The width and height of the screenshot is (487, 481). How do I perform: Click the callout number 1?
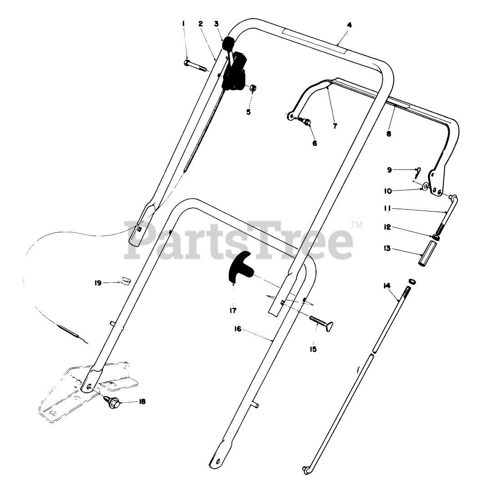pyautogui.click(x=184, y=23)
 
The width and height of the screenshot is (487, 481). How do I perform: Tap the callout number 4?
pyautogui.click(x=349, y=25)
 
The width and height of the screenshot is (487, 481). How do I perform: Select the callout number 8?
pyautogui.click(x=388, y=134)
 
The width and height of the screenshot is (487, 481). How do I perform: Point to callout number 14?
pyautogui.click(x=387, y=286)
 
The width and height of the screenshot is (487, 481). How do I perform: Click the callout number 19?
pyautogui.click(x=98, y=283)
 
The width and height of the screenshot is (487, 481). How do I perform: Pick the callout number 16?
pyautogui.click(x=237, y=329)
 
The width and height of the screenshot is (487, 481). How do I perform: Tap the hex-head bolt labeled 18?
pyautogui.click(x=114, y=402)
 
